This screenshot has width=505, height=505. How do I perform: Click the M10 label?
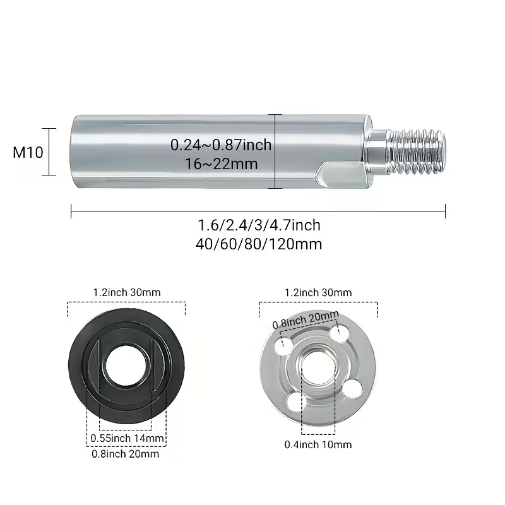click(28, 152)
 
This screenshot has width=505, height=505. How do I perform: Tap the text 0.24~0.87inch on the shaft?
click(221, 145)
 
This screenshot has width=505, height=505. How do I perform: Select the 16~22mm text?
click(222, 164)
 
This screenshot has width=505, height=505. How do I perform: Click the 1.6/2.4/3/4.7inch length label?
click(259, 225)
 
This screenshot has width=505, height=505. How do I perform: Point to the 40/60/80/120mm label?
click(259, 244)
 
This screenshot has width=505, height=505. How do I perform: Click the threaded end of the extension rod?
click(417, 151)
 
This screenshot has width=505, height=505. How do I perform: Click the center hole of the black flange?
click(126, 366)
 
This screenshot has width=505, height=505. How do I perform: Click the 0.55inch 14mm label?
click(128, 438)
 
